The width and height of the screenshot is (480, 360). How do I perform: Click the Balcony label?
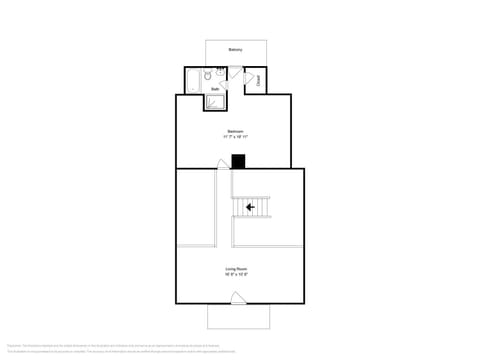point(235,49)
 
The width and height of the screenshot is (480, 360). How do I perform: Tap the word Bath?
point(214,89)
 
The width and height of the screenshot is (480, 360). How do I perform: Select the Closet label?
point(258,81)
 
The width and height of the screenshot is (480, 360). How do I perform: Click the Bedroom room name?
point(235,131)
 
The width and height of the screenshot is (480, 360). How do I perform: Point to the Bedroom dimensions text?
point(235,137)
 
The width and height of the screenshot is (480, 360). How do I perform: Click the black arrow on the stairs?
point(250,208)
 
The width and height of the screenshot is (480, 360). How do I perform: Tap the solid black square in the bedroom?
point(238,161)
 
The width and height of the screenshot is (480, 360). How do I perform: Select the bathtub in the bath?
point(193,80)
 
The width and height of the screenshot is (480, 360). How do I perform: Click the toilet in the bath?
point(208,75)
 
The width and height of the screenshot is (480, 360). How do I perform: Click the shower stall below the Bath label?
point(216,101)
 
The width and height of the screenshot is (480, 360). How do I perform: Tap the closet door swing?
point(248,78)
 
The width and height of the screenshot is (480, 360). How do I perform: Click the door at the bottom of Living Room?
point(238,297)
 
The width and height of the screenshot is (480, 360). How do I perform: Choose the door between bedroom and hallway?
point(223,164)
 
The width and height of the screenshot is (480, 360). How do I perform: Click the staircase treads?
point(252,208)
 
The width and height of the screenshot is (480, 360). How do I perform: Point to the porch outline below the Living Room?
point(238,316)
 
